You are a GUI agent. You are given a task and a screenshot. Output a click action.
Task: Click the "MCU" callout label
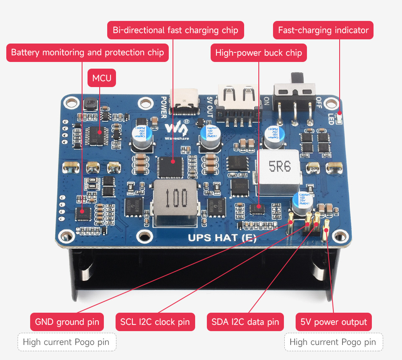[102, 78]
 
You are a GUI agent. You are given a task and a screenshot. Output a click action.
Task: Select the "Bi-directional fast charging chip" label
[175, 30]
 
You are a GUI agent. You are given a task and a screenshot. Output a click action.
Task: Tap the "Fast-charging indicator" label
[323, 30]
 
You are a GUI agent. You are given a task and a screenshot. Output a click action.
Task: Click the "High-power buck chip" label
[258, 53]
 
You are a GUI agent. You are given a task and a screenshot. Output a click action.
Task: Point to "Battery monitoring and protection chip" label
[88, 53]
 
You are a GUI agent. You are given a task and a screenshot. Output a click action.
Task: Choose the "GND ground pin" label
[67, 322]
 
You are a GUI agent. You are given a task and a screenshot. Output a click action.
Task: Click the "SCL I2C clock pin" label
[155, 322]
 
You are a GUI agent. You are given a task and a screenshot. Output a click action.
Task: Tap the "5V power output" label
[334, 322]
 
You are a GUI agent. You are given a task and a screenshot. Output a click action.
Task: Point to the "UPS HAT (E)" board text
[222, 238]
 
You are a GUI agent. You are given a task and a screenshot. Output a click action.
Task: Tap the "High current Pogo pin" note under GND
[67, 342]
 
